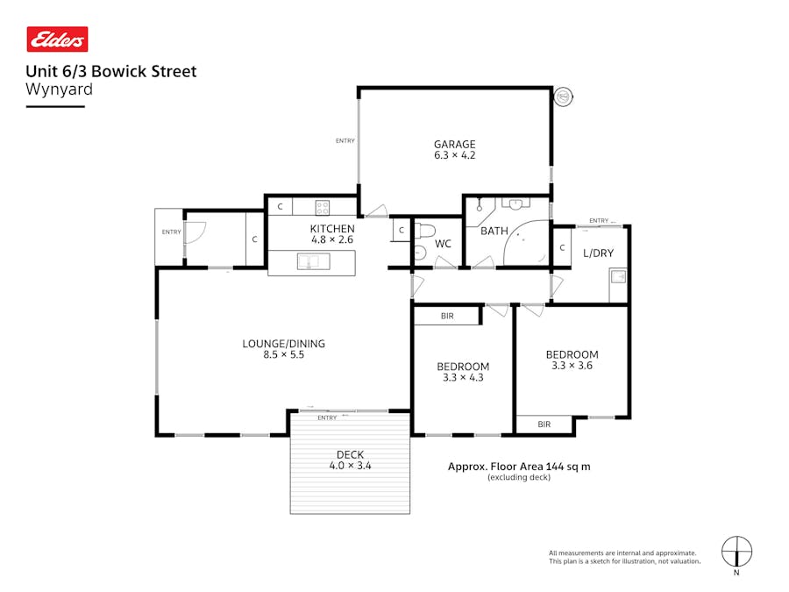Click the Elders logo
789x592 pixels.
coord(58,39)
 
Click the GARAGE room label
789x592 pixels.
coord(454,145)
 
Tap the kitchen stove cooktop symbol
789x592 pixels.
coord(322,208)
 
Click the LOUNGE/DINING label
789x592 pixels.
coord(277,344)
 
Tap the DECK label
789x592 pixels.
coord(349,454)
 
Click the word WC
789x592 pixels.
coord(443,244)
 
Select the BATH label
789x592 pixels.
coord(494,232)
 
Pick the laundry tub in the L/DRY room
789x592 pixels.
coord(618,278)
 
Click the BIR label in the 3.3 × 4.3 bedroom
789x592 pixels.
coord(447,316)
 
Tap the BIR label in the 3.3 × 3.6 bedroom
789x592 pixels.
coord(544,424)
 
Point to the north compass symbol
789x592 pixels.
coord(736,553)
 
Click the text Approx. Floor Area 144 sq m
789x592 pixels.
coord(519,467)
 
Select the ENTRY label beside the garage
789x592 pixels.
coord(345,140)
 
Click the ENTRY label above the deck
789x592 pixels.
coord(327,417)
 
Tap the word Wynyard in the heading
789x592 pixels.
coord(60,89)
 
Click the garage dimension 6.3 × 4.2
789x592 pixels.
coord(454,155)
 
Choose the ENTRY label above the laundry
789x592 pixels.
coord(599,220)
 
